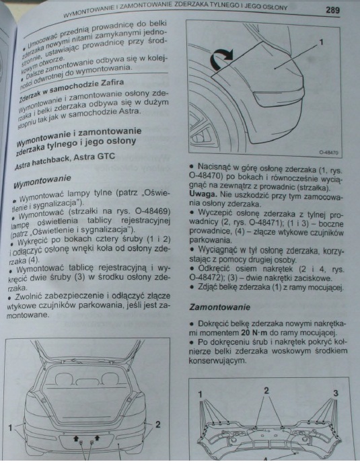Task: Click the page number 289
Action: click(332, 10)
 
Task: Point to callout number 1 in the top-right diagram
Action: click(321, 42)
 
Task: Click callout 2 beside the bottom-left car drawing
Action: click(157, 424)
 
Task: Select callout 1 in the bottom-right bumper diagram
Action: click(201, 393)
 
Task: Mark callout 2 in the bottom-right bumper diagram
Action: click(266, 390)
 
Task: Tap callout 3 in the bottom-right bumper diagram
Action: click(335, 393)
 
